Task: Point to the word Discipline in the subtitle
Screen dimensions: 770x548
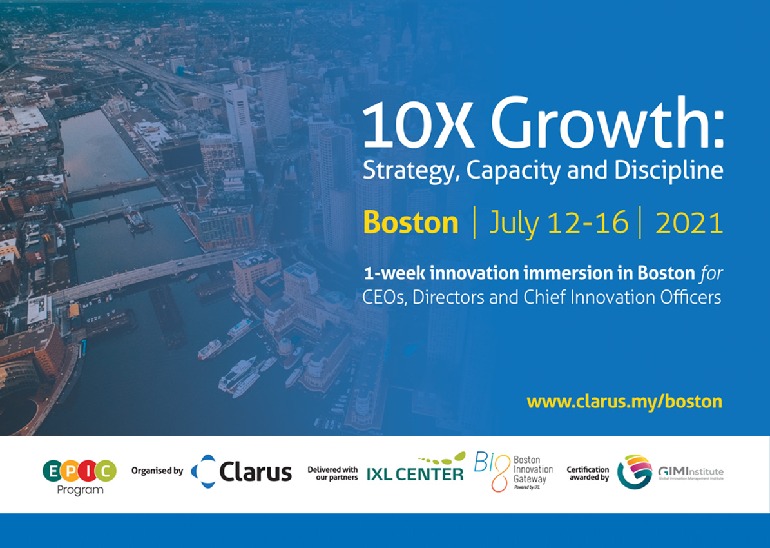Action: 668,171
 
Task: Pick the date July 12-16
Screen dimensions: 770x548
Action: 559,224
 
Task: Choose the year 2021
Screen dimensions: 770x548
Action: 689,223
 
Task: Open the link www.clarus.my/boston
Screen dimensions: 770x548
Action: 624,402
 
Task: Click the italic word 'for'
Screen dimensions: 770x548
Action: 711,273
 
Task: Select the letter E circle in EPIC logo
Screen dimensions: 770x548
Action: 53,471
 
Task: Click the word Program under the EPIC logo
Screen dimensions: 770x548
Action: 80,490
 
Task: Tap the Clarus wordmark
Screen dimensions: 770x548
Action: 255,473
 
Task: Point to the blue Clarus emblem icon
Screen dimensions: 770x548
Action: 204,471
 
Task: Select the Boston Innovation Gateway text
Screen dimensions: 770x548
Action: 533,471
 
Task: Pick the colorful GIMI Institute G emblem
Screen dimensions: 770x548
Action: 635,472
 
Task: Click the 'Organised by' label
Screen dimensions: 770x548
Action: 157,471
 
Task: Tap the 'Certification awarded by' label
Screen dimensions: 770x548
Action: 588,473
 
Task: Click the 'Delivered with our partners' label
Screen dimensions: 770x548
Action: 332,473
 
